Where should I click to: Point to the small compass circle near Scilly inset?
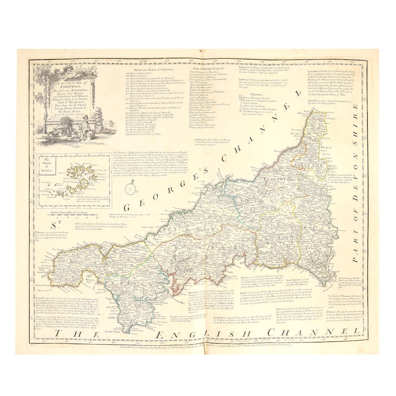click(x=131, y=189)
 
